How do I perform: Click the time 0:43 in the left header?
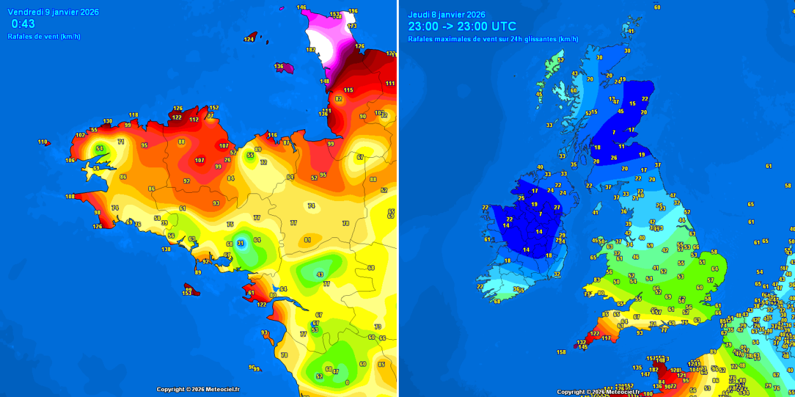tap(23, 24)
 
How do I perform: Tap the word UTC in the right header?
tap(504, 27)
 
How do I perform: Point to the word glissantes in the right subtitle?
tap(540, 39)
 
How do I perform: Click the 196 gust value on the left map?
tap(353, 11)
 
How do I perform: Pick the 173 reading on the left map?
tap(352, 26)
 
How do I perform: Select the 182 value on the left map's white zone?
tap(311, 50)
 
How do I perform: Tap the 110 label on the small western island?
tap(42, 142)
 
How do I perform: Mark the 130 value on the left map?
tap(108, 122)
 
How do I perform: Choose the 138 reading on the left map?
tap(166, 249)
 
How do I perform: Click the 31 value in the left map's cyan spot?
tap(240, 243)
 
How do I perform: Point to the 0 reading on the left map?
tap(347, 382)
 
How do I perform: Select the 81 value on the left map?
tap(308, 240)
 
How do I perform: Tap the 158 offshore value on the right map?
tap(561, 352)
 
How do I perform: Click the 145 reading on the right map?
tap(583, 347)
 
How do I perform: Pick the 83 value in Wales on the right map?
tap(597, 280)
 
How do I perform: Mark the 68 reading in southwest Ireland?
tap(497, 302)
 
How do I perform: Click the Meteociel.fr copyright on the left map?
tap(198, 389)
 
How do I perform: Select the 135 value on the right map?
tap(637, 368)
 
